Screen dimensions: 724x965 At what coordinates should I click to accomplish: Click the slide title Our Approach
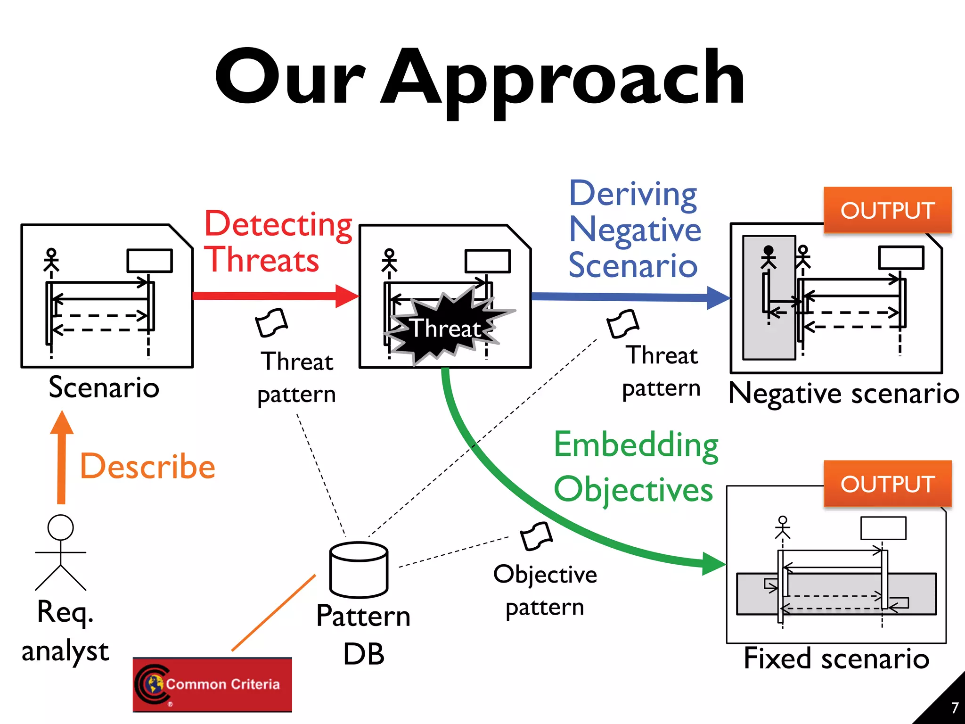point(480,78)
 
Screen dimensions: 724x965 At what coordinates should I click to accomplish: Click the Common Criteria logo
point(212,684)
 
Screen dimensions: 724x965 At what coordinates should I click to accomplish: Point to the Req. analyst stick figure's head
point(61,527)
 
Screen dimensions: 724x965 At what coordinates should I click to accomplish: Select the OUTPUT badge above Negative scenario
point(887,210)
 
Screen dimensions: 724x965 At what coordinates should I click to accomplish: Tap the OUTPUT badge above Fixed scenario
point(887,484)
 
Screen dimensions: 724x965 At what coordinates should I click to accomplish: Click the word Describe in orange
point(148,467)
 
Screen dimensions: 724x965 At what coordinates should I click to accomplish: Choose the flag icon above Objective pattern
point(536,536)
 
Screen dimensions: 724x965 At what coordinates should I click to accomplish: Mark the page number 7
point(955,708)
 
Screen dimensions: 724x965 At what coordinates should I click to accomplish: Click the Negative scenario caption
point(843,393)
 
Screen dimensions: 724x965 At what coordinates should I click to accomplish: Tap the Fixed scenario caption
point(836,658)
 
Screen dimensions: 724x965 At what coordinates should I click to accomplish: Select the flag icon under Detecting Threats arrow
point(271,323)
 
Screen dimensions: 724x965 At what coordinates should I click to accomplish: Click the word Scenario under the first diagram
point(104,387)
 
